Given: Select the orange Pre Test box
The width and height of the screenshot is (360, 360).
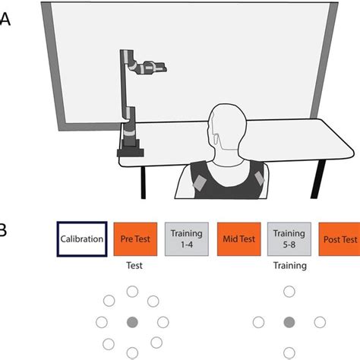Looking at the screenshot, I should click(x=134, y=239).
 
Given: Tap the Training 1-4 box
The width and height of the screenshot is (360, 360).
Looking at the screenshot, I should click(x=186, y=239).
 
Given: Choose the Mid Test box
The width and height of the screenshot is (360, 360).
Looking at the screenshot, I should click(x=238, y=239).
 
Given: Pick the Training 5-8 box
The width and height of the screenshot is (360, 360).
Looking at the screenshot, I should click(x=289, y=239).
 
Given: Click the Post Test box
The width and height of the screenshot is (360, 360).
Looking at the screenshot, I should click(x=339, y=239).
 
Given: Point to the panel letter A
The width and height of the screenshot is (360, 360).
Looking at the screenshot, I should click(x=5, y=21).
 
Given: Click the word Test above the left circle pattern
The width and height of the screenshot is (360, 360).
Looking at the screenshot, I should click(x=133, y=267).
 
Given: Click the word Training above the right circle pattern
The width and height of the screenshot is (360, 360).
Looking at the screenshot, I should click(x=289, y=267).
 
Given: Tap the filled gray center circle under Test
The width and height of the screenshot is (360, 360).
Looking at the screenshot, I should click(x=132, y=323).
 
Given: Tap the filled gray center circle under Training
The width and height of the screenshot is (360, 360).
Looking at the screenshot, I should click(x=289, y=323).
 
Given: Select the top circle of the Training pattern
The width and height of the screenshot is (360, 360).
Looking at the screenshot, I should click(x=289, y=292).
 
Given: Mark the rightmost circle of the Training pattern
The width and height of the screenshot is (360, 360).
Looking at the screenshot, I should click(x=320, y=323).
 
